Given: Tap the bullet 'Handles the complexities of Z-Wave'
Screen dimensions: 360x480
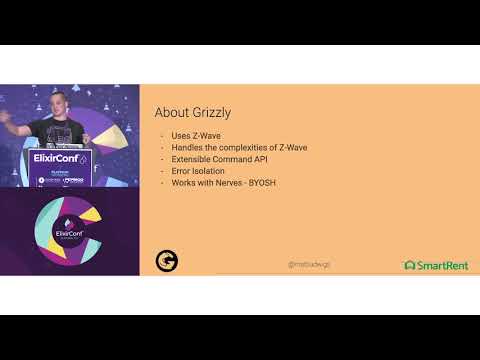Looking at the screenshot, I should point(225,147).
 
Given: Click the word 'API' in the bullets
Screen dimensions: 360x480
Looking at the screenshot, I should point(246,158).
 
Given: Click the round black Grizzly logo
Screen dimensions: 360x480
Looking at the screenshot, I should point(166,260).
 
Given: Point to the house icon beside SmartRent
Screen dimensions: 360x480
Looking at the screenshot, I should point(409,265).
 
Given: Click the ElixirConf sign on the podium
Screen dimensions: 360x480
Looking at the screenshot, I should point(62,159).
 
